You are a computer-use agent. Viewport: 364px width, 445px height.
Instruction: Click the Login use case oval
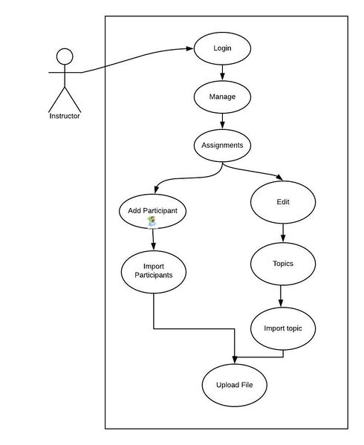click(x=222, y=48)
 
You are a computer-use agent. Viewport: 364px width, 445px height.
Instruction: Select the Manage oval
click(x=222, y=97)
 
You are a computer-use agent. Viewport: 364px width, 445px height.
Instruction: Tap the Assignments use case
click(x=222, y=146)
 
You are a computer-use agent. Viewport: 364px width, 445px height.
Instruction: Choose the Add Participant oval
click(x=152, y=212)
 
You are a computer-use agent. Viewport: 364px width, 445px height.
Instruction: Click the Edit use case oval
click(x=283, y=202)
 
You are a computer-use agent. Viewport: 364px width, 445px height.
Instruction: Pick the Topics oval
click(x=283, y=264)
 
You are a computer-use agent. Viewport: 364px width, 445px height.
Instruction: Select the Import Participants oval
click(x=154, y=272)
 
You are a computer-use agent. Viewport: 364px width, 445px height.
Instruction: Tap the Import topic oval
click(x=283, y=328)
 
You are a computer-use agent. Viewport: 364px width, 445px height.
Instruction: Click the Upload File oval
click(x=234, y=385)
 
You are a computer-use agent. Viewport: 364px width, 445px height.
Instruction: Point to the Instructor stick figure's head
click(x=65, y=56)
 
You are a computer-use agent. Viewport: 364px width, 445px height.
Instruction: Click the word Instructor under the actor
click(x=65, y=116)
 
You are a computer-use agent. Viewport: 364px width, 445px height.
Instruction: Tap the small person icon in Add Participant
click(x=152, y=221)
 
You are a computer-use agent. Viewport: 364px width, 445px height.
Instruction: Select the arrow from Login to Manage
click(x=222, y=73)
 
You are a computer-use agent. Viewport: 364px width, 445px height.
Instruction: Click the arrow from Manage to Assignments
click(x=222, y=121)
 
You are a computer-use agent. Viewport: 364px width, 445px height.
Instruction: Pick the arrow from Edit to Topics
click(x=283, y=233)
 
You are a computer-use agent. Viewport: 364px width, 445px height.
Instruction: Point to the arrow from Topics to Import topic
click(x=281, y=296)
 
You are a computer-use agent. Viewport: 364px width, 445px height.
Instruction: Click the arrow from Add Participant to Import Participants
click(x=153, y=239)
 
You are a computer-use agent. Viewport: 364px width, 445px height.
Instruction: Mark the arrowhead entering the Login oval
click(x=189, y=48)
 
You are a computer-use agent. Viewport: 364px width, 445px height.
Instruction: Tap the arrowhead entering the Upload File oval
click(x=235, y=360)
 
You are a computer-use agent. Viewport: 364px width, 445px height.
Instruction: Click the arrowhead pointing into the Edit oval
click(x=279, y=178)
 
